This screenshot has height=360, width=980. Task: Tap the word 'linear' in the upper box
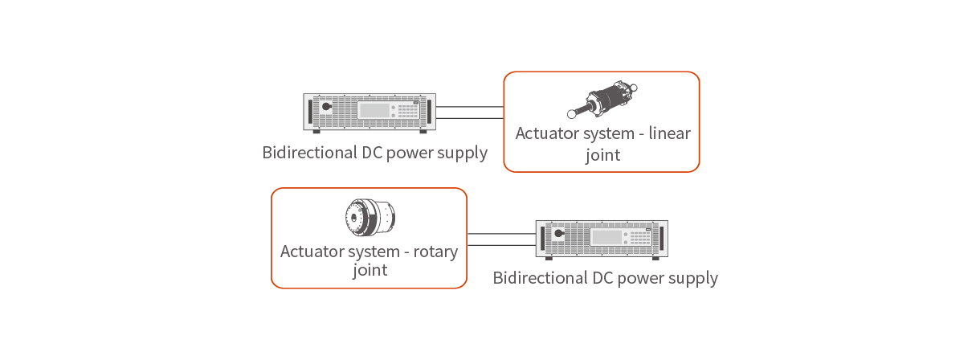point(669,133)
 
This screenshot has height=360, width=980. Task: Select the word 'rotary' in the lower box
point(436,252)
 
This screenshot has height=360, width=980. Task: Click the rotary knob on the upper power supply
point(326,107)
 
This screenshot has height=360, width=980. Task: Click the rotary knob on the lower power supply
point(558,234)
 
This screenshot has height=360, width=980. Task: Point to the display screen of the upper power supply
point(373,110)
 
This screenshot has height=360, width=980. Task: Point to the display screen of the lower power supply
point(606,236)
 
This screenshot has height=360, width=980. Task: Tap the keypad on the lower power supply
point(639,237)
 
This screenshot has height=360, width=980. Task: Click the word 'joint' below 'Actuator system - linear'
point(602,155)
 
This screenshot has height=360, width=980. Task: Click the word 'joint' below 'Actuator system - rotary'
point(370,271)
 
